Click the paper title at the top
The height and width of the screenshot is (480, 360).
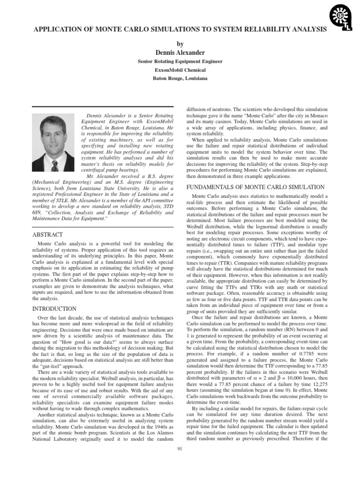click(x=180, y=29)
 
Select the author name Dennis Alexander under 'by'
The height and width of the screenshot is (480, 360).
click(x=180, y=52)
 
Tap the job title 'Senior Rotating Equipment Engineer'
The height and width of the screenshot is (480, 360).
click(x=180, y=61)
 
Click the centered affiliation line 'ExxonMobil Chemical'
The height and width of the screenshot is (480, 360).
click(x=180, y=70)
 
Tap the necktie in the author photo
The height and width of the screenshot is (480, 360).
click(x=54, y=165)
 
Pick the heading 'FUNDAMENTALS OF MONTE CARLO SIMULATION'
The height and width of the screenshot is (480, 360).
click(x=255, y=187)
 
